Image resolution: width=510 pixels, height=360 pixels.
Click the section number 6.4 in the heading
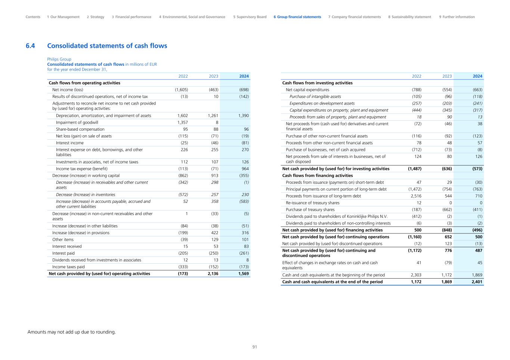click(x=30, y=46)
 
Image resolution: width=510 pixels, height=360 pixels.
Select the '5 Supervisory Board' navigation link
click(x=250, y=17)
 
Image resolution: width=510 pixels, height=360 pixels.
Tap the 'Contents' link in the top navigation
click(x=33, y=17)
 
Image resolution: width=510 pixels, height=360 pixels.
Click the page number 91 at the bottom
click(x=255, y=347)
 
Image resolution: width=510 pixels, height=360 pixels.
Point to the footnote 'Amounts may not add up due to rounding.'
click(x=72, y=332)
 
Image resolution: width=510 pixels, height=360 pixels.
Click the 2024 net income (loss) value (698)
click(x=244, y=90)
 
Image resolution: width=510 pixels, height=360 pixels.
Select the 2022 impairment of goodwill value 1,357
click(x=182, y=122)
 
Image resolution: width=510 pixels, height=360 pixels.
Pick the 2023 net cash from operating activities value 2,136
click(x=213, y=274)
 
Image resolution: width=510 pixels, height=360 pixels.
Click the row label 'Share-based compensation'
click(x=80, y=129)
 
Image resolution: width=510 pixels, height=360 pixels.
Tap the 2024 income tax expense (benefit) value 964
click(x=245, y=169)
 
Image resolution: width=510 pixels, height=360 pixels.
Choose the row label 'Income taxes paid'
click(x=68, y=267)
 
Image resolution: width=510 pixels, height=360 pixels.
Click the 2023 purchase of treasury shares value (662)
click(x=446, y=210)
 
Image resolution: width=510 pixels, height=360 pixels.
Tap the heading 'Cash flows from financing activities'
click(x=317, y=176)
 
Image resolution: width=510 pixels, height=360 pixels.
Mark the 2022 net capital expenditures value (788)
click(x=416, y=90)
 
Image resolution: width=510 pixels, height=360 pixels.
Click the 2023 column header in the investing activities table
click(x=447, y=76)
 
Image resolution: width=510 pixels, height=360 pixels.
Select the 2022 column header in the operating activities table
click(x=183, y=76)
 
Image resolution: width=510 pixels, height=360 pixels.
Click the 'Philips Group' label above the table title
click(x=59, y=59)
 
